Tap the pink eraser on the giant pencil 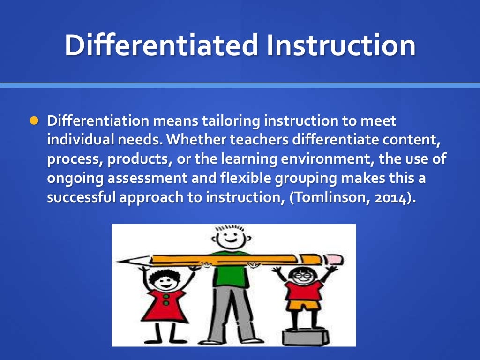pyautogui.click(x=334, y=259)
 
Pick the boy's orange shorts pyautogui.click(x=303, y=306)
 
